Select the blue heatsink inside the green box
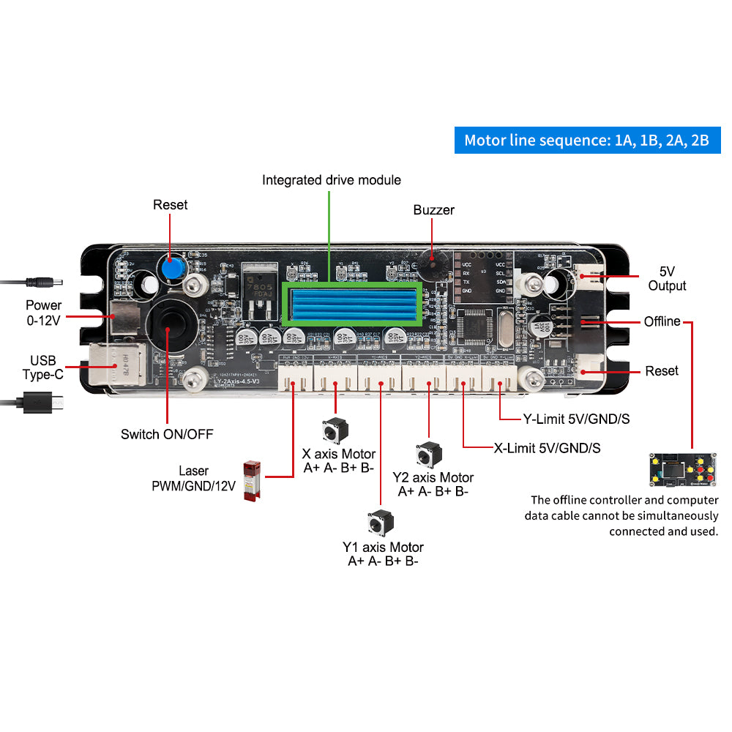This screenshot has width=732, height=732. (352, 305)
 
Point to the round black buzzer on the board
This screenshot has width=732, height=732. (431, 266)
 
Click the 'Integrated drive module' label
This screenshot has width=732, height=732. (331, 180)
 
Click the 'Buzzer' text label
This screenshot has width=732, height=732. (433, 211)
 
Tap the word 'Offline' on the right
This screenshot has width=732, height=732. (662, 322)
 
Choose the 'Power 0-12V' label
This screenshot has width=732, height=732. (44, 312)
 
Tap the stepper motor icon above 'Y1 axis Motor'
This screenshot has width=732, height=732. (381, 523)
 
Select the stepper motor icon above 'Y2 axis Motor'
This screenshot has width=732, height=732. (427, 455)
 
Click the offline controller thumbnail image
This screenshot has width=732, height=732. (681, 470)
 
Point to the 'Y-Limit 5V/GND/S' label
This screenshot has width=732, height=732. (576, 420)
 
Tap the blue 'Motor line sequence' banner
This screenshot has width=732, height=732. (587, 140)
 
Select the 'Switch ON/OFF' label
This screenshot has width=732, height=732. (167, 435)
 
